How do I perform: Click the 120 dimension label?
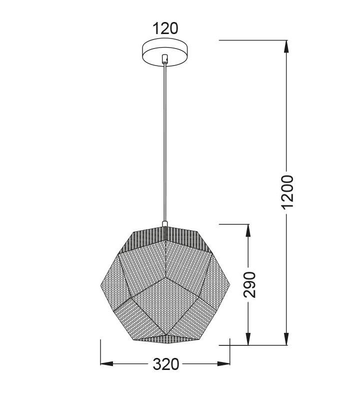[165, 29]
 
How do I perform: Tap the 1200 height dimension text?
[287, 192]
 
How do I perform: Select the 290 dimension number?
[249, 284]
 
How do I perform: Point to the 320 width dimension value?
[166, 364]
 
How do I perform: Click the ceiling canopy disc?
[165, 52]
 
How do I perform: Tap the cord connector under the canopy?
[164, 59]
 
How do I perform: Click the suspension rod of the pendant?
[164, 142]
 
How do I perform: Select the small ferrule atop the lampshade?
[164, 224]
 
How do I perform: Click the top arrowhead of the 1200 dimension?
[286, 47]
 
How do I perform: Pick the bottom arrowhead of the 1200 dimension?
[286, 339]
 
